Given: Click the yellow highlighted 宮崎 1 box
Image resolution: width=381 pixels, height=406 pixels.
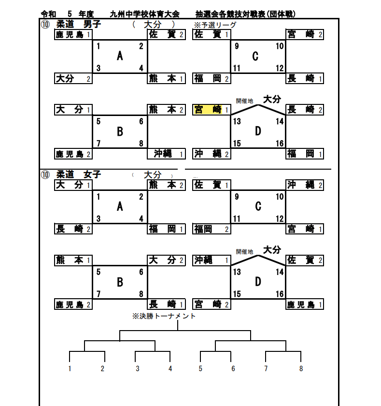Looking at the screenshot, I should click(x=211, y=110).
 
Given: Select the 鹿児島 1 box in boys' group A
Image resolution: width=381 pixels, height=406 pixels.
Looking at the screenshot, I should click(x=73, y=34).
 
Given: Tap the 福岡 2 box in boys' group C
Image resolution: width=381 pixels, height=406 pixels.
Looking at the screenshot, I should click(x=211, y=79).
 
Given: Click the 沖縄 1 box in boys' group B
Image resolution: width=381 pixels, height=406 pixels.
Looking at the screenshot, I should click(x=166, y=154).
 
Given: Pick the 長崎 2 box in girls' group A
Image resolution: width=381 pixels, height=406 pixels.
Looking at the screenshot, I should click(x=73, y=229).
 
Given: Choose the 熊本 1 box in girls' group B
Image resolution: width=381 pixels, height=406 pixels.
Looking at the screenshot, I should click(x=73, y=261).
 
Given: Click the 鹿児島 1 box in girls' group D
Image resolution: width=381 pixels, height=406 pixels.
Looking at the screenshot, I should click(x=304, y=304).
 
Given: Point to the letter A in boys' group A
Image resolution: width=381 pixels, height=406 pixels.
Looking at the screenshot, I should click(x=120, y=56).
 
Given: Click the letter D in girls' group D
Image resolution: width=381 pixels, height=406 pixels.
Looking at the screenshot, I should click(x=258, y=282).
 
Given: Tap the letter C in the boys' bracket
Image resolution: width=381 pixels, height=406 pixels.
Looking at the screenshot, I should click(x=255, y=56).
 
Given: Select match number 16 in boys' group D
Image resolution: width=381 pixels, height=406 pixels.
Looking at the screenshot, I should click(x=280, y=144).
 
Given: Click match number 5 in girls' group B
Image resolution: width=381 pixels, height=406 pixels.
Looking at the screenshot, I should click(x=99, y=272).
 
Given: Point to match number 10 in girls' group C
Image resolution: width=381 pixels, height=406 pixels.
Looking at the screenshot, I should click(x=280, y=197).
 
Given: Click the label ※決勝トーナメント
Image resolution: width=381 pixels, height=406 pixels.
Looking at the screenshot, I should click(x=164, y=316).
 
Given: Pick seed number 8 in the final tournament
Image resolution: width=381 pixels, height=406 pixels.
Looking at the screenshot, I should click(x=301, y=369).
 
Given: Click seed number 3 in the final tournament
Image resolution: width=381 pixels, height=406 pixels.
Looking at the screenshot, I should click(x=138, y=369).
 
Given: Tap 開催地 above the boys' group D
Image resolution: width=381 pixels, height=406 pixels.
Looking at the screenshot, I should click(x=244, y=101).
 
